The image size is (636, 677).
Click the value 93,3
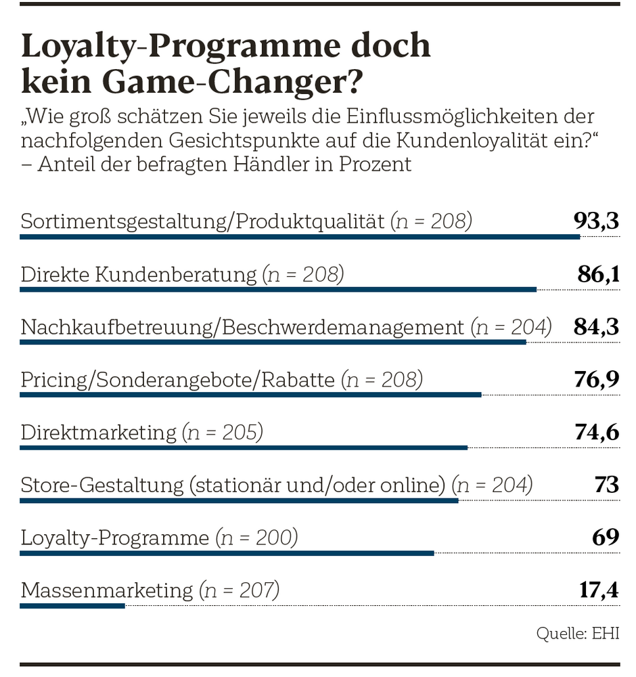[x=596, y=221]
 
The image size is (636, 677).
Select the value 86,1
[x=598, y=274]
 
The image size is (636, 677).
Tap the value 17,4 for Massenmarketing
[x=599, y=590]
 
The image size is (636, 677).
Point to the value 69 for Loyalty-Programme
[x=606, y=538]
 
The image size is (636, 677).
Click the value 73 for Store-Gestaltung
[x=606, y=485]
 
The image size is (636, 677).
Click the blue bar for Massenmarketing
[x=72, y=606]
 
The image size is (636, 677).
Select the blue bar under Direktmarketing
[x=244, y=447]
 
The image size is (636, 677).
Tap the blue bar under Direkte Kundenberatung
[x=278, y=290]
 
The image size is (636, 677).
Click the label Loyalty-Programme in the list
[x=115, y=538]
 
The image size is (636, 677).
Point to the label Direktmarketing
[x=99, y=433]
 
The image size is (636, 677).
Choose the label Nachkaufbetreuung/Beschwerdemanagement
[x=242, y=328]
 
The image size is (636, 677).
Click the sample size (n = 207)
[x=240, y=590]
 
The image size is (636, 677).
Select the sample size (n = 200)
[x=257, y=538]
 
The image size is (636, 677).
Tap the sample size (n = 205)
[x=223, y=433]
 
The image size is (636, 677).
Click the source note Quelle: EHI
[x=578, y=634]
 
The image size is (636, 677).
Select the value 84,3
[x=596, y=327]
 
